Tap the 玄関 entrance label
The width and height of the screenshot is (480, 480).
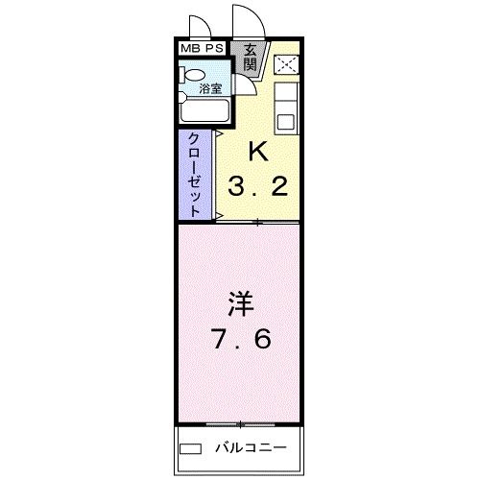tap(250, 58)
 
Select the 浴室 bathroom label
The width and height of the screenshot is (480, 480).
tap(210, 88)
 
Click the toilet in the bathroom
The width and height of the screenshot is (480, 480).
tap(191, 76)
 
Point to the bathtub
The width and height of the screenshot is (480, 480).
tap(204, 111)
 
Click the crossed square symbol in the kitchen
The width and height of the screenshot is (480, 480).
tap(286, 64)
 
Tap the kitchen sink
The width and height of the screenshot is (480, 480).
tap(286, 121)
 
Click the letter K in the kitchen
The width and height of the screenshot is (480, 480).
tap(256, 152)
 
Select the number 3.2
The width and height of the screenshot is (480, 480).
tap(256, 185)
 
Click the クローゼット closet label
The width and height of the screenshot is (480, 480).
tap(195, 174)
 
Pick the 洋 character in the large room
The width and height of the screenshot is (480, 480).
tap(239, 305)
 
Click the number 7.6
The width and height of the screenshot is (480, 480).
tap(240, 340)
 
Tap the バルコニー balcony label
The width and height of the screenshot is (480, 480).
tap(243, 447)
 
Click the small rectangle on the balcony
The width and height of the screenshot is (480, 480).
tap(191, 447)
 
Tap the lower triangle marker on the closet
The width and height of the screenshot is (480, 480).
tap(220, 215)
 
